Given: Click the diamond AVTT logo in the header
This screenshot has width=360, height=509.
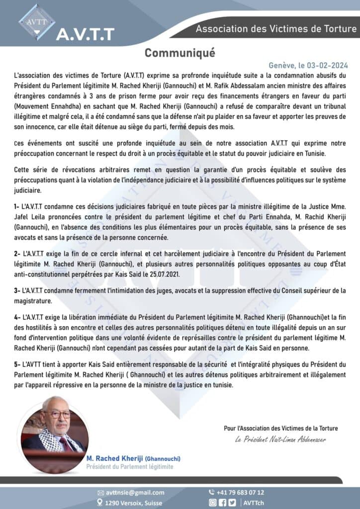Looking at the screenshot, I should pos(37,21).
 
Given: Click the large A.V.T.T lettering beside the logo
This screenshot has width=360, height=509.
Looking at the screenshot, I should pos(85,34).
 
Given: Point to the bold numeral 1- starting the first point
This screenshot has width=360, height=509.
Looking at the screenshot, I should pos(17,205).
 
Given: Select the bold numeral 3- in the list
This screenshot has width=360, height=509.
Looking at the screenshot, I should pos(17,290).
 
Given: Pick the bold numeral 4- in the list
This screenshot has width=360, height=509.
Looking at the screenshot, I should pos(17,317).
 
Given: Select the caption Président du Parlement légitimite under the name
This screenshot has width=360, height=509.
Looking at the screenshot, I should pos(130,467).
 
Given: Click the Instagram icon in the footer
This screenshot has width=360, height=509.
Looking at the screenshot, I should pos(212,503).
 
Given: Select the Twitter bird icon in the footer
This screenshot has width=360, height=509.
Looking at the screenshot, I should pos(232,503).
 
